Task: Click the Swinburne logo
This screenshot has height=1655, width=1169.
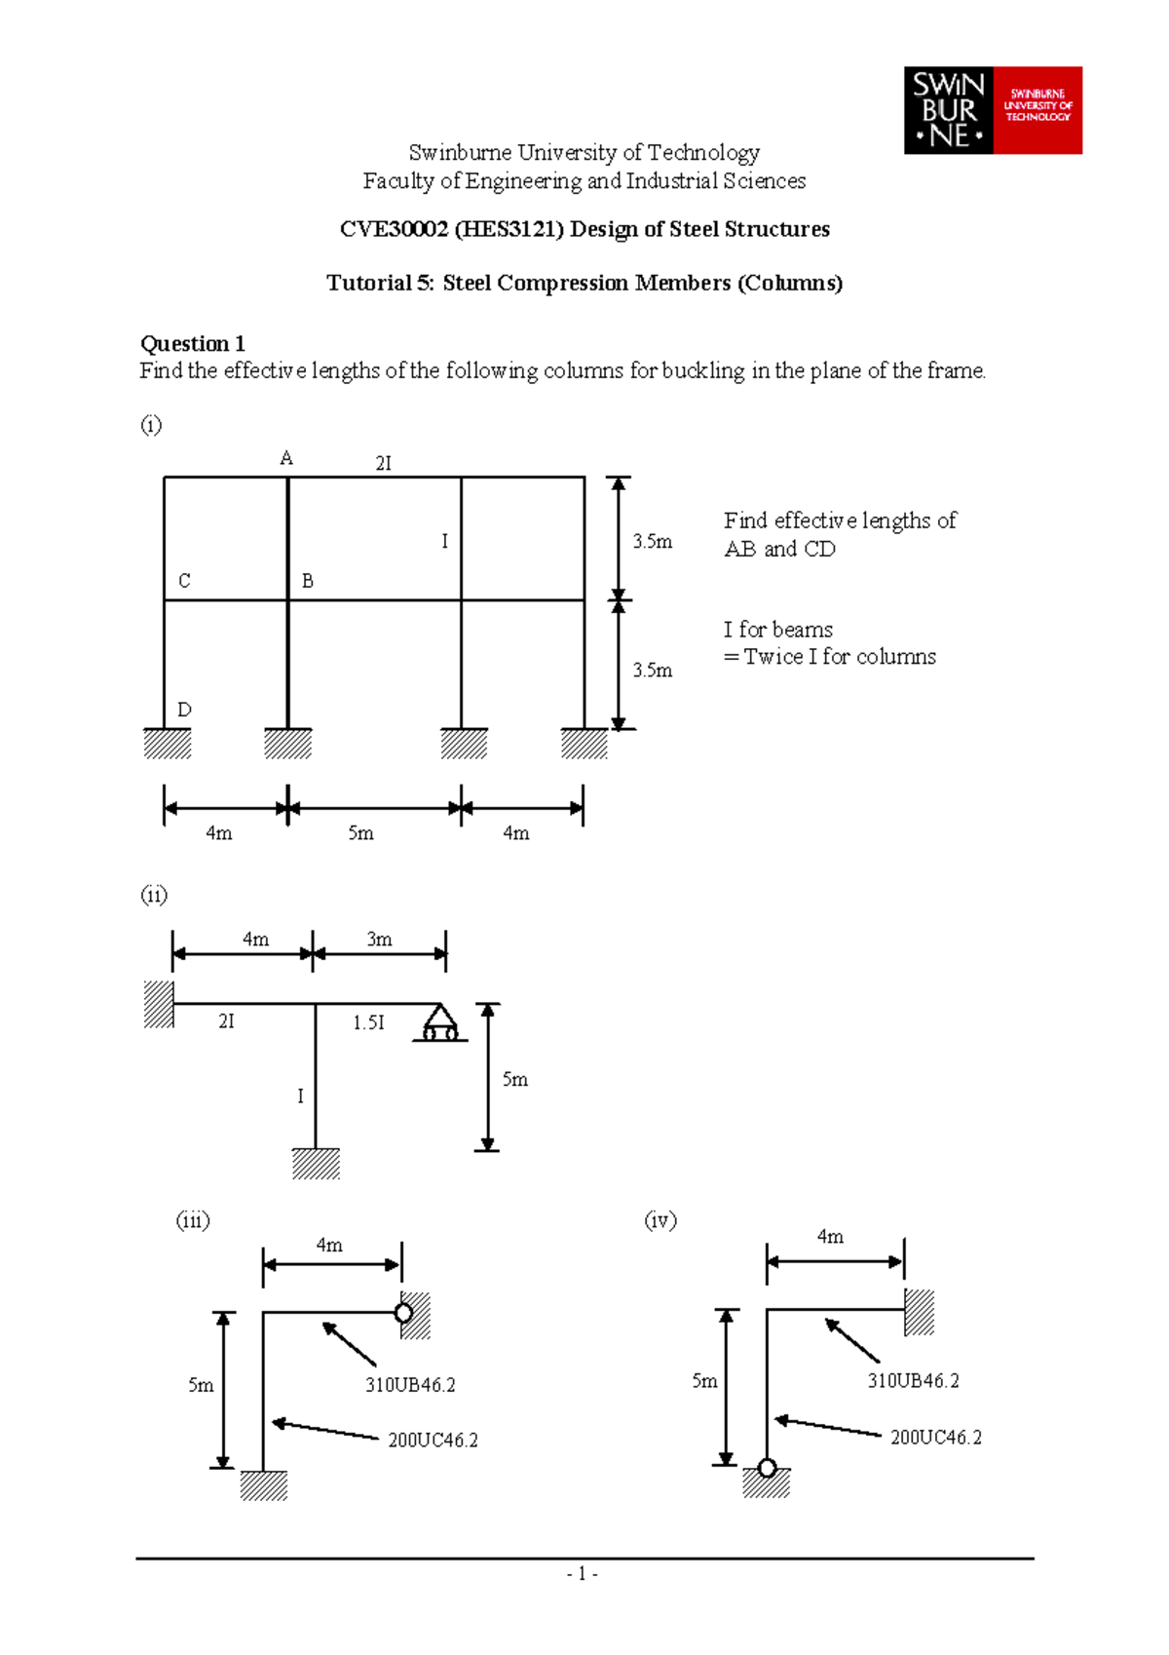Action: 993,110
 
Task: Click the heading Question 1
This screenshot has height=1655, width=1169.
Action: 192,343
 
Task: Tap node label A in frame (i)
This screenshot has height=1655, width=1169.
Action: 286,458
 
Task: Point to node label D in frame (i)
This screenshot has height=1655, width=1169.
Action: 184,710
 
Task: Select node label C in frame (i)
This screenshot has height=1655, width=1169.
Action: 184,581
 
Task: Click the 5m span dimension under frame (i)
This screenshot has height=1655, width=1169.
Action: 360,833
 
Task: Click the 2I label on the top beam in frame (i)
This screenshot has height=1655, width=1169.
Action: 384,464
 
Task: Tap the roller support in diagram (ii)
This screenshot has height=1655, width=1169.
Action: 439,1023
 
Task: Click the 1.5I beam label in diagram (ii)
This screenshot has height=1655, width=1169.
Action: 368,1022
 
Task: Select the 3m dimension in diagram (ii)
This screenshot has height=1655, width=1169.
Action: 379,940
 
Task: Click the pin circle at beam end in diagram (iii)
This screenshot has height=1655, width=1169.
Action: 403,1313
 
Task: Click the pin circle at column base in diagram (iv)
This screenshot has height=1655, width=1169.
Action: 767,1468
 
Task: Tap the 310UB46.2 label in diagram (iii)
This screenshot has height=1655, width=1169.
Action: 410,1384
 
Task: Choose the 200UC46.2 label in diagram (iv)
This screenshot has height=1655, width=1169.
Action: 935,1438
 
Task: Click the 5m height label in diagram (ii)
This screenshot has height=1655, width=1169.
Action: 514,1079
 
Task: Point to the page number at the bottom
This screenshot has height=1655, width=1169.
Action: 582,1574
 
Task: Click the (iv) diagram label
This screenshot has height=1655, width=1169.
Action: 660,1220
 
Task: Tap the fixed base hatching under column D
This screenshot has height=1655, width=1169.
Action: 168,744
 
